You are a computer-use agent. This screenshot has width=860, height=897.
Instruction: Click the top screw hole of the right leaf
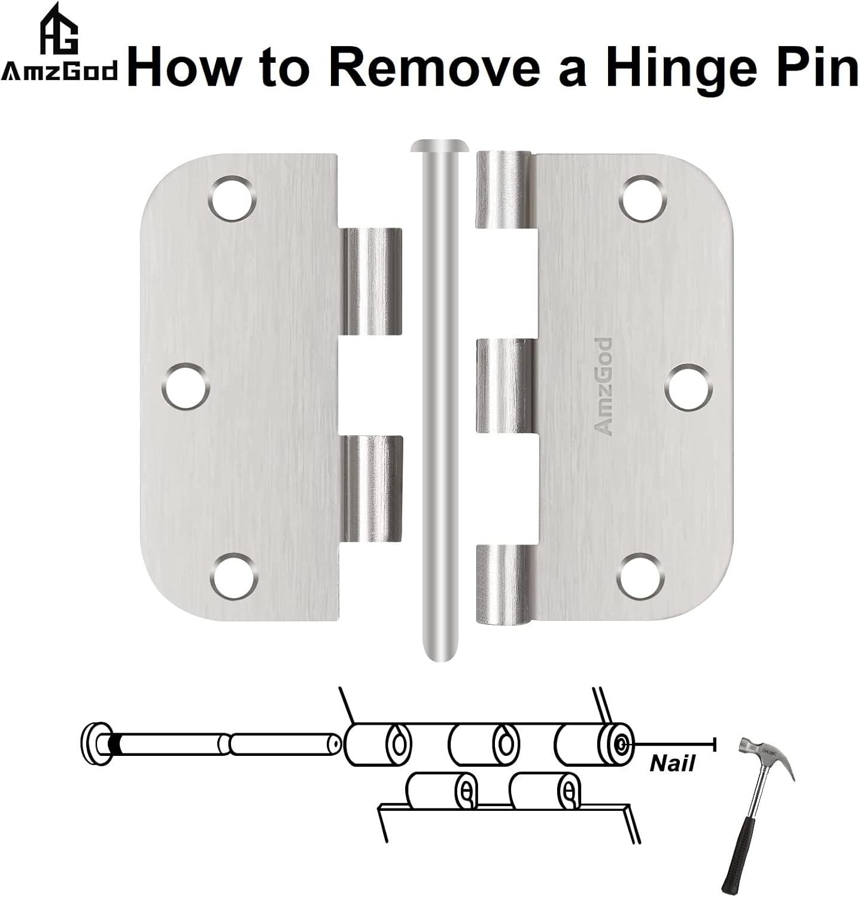(643, 197)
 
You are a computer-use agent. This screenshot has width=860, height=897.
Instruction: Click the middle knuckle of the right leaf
(500, 386)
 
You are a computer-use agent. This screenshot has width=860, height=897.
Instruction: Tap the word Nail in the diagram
(672, 764)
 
